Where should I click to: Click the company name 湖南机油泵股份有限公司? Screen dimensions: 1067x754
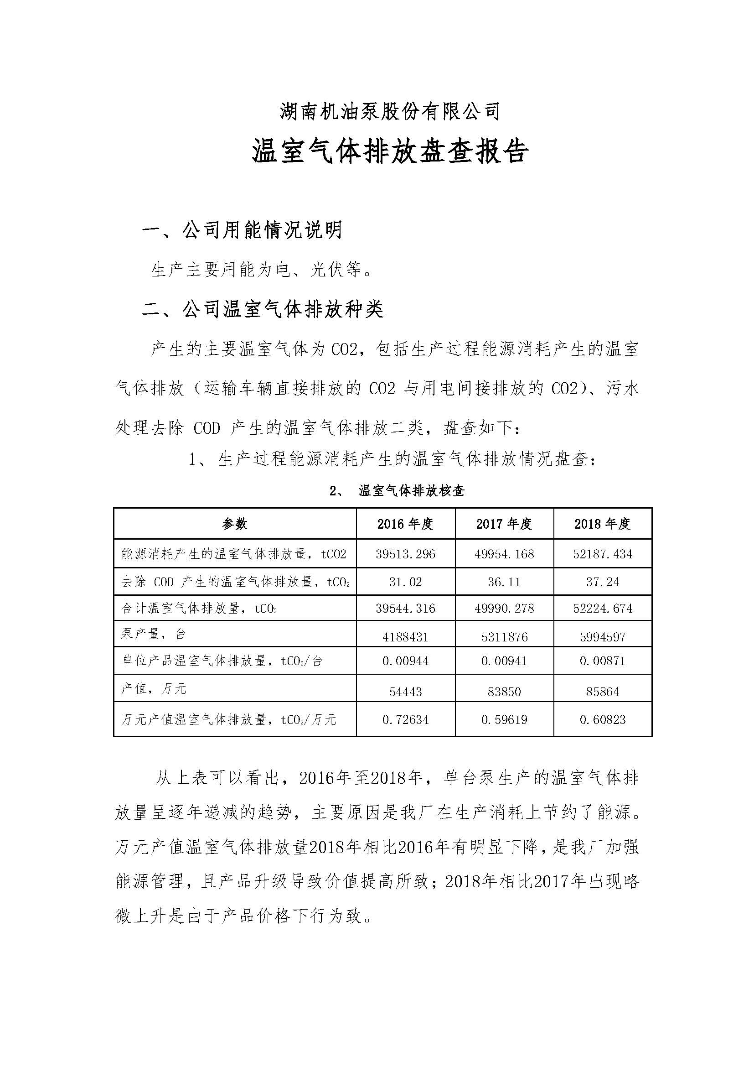pos(390,112)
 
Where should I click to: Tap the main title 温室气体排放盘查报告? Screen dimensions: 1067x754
pos(390,152)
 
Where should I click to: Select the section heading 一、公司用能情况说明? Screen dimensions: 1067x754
pos(242,230)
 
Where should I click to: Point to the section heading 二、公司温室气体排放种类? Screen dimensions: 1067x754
pos(263,309)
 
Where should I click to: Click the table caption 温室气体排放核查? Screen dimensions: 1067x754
pos(411,491)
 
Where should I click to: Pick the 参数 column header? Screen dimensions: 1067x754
pos(235,524)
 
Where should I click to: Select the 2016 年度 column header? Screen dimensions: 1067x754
pos(405,524)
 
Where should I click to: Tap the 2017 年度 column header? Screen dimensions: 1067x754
pos(504,524)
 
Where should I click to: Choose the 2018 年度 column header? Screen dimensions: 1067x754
pos(603,524)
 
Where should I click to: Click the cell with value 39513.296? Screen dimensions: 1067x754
pos(405,554)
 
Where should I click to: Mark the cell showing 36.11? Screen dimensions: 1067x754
pos(504,582)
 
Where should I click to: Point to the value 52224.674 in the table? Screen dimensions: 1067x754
pos(603,609)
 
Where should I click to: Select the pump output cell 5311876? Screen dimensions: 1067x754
pos(504,637)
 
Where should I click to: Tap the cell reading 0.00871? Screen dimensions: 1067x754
pos(603,661)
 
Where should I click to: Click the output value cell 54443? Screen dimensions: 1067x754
pos(405,692)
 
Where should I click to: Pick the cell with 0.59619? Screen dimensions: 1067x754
pos(504,720)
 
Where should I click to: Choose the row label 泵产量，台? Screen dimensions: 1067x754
pos(154,634)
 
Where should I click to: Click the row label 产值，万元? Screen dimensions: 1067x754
pos(154,688)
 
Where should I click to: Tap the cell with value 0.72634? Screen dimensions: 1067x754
pos(405,720)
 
